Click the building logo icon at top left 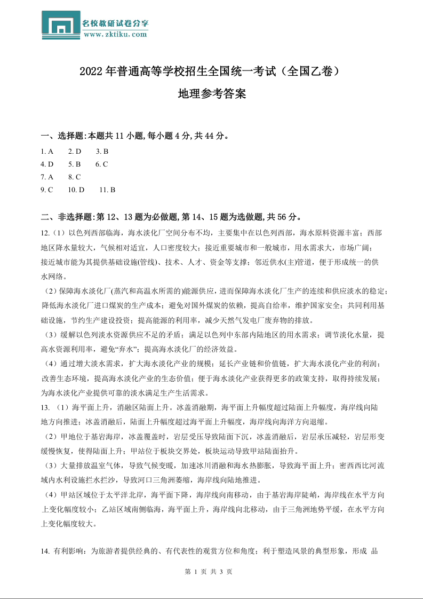click(61, 25)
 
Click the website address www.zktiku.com click(115, 34)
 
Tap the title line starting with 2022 click(211, 71)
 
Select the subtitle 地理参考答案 click(211, 94)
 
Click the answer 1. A click(47, 151)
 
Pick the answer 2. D click(75, 151)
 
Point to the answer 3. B click(102, 151)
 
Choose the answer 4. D click(47, 164)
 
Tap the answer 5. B click(75, 164)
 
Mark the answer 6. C click(102, 164)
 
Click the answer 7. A click(47, 177)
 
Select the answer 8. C click(75, 177)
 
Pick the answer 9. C click(47, 190)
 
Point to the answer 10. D click(76, 190)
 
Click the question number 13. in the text click(45, 408)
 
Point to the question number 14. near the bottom click(45, 551)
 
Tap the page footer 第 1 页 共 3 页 click(211, 571)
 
